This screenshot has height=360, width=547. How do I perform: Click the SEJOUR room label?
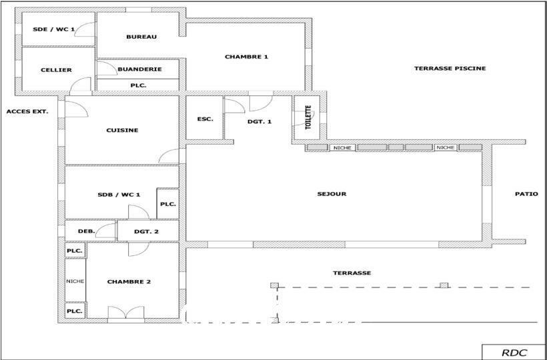pos(332,194)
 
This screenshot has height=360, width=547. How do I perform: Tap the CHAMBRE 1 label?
pos(246,57)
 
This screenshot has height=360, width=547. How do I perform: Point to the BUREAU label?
pos(141,37)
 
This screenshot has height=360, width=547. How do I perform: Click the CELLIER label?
pos(56,70)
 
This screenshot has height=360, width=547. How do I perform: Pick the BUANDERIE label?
pos(139,69)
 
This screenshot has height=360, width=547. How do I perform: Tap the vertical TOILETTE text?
pos(308,117)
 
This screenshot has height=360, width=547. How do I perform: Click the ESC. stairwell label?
pos(205,119)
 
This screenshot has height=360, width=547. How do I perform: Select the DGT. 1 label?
pos(259,121)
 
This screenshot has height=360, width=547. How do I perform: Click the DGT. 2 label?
pos(146,231)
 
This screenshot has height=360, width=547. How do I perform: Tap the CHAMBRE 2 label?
pos(129,281)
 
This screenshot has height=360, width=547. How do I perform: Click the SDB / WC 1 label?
pos(119,195)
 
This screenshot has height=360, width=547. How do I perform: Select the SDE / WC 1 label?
pos(53,29)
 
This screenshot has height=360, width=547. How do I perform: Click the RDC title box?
pos(514,352)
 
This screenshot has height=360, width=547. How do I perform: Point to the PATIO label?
pos(526,194)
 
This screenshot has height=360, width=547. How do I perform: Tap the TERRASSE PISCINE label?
pos(450,68)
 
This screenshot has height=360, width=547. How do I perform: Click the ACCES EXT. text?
pos(27,112)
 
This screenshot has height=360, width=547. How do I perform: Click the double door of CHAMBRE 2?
pos(125,312)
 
